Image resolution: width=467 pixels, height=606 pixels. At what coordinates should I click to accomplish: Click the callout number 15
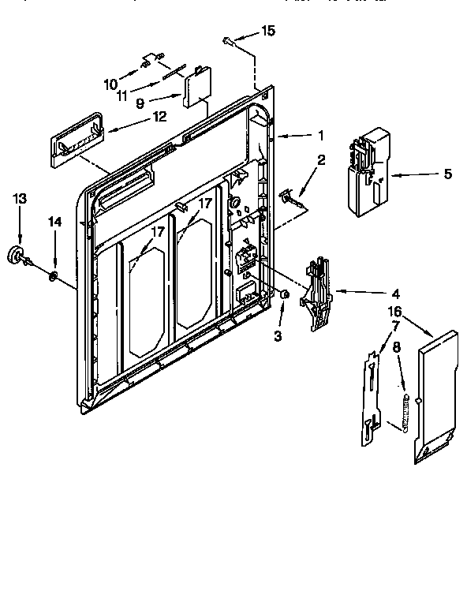[269, 31]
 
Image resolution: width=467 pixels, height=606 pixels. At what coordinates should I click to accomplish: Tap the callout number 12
[159, 117]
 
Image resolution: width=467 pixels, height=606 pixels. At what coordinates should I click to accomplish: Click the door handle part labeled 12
[76, 142]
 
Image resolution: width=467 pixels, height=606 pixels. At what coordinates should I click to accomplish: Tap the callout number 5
[447, 174]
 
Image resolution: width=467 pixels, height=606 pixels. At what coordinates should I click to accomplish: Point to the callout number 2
[321, 160]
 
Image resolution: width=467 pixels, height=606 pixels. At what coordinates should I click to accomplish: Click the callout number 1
[321, 136]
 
